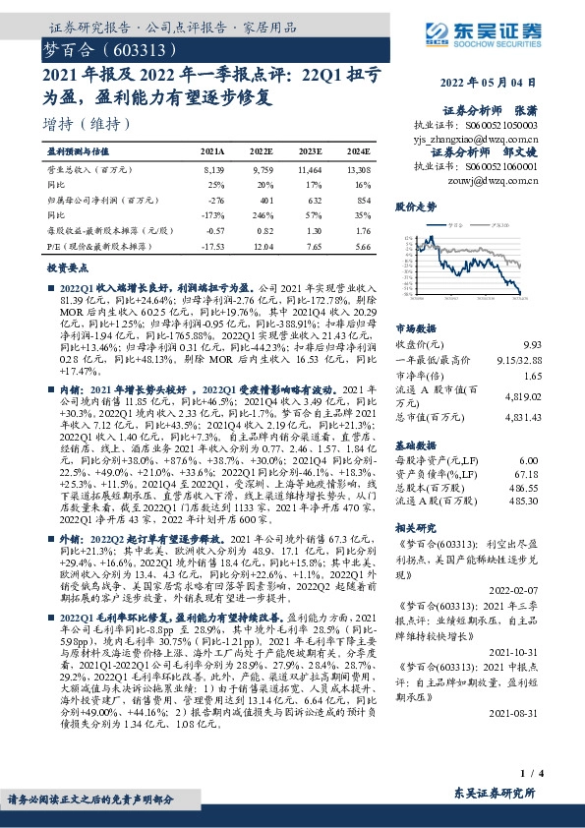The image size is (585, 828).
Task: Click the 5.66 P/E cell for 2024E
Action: coord(360,246)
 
